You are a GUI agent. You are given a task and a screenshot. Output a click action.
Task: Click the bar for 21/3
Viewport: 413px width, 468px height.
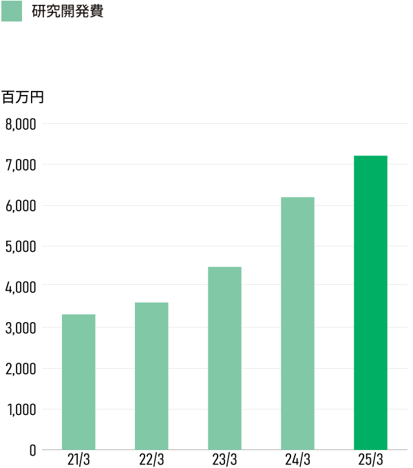[x=78, y=382]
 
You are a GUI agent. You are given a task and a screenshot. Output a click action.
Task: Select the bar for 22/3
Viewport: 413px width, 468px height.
[x=151, y=376]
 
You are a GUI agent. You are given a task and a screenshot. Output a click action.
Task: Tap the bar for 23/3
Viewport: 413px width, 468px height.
[x=224, y=358]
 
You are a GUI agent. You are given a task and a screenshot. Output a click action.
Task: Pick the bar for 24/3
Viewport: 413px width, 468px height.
[x=297, y=323]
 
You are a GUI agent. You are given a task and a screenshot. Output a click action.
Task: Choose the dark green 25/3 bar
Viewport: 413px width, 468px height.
[x=370, y=303]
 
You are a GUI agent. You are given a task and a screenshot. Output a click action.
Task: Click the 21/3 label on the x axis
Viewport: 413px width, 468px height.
[x=78, y=459]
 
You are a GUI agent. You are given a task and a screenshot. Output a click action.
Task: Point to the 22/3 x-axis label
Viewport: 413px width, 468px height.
[x=151, y=459]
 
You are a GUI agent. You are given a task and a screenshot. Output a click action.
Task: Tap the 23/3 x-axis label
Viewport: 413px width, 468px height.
[x=224, y=459]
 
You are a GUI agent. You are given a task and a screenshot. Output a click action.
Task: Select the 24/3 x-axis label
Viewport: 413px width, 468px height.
[x=297, y=459]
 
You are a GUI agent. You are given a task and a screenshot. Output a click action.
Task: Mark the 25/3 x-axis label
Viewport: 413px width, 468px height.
[x=370, y=459]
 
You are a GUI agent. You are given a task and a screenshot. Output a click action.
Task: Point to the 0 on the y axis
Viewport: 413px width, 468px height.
[x=32, y=450]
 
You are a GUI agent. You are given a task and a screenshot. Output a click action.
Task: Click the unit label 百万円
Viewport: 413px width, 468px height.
[x=22, y=97]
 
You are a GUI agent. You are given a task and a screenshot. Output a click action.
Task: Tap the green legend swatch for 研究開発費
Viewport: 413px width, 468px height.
[x=12, y=12]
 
